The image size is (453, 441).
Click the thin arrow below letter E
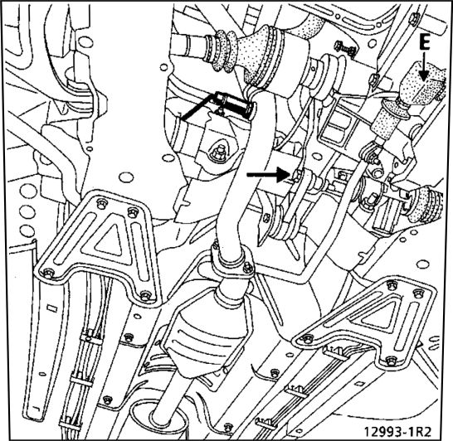[x=423, y=66]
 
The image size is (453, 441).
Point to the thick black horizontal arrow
[x=268, y=174]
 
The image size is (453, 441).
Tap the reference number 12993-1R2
[x=397, y=432]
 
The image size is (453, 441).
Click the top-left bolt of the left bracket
[x=100, y=204]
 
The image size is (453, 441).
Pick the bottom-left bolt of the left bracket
[x=48, y=273]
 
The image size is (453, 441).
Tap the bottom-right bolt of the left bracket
[x=145, y=295]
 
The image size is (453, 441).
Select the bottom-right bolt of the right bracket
[x=391, y=361]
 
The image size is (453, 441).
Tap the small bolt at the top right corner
[x=415, y=17]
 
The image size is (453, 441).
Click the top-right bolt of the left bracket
[x=132, y=212]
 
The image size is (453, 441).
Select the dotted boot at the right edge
[x=426, y=204]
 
